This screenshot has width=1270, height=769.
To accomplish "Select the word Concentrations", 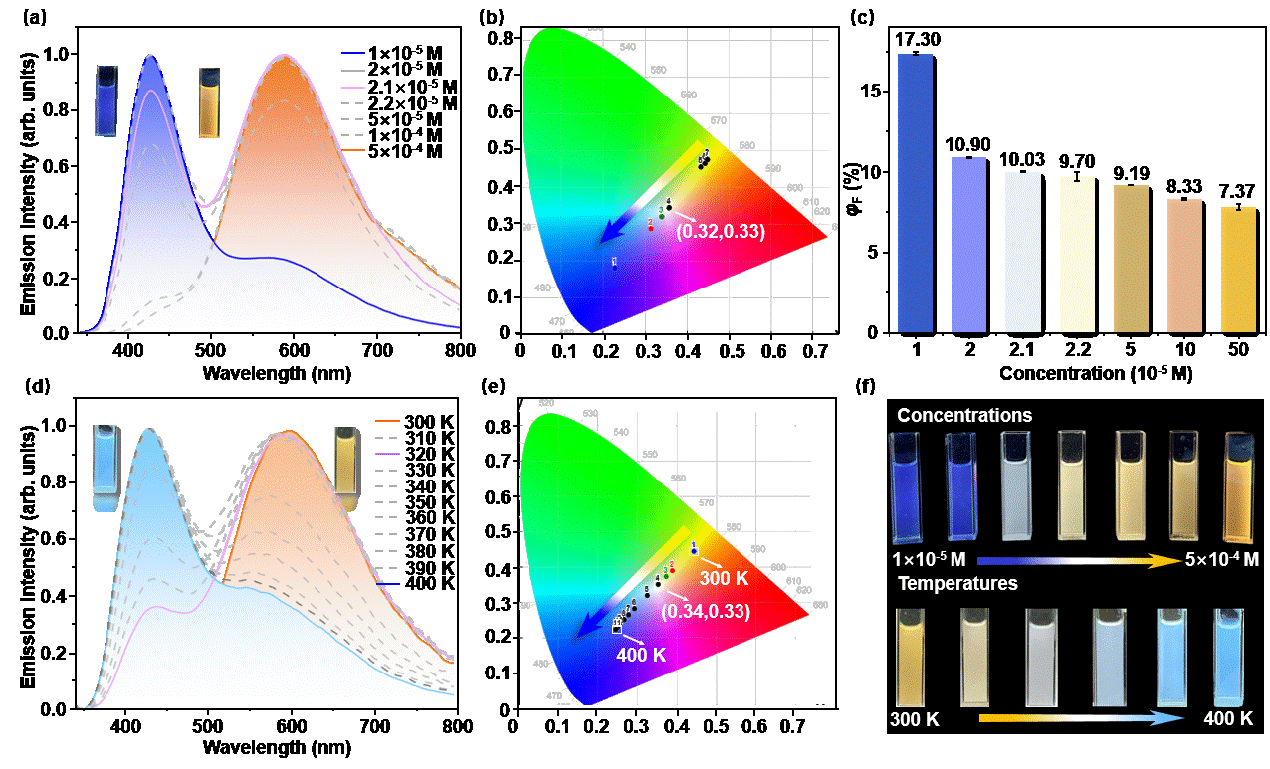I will click(963, 415).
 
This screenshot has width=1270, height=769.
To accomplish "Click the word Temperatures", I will click(957, 583).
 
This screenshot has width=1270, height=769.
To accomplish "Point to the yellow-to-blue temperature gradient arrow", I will click(1079, 718).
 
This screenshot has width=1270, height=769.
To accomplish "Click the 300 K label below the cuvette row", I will click(914, 718).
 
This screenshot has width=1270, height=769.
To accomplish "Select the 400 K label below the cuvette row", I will click(1228, 718).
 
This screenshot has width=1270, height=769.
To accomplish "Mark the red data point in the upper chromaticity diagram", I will click(651, 227).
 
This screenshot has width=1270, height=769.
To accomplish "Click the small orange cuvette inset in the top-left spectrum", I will click(209, 101).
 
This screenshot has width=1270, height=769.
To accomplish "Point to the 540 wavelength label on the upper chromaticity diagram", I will click(627, 47).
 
